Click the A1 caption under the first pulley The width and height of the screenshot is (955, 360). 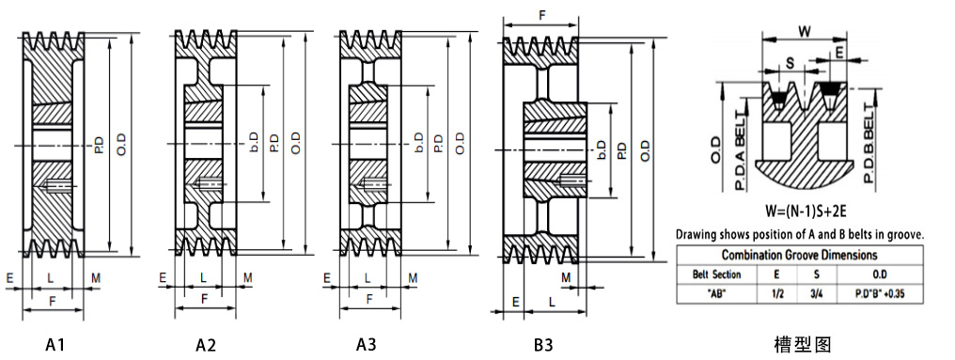[55, 345]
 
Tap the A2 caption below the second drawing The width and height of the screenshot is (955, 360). [206, 345]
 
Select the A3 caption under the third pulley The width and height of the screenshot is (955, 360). [367, 345]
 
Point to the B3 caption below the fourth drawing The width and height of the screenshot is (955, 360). [544, 345]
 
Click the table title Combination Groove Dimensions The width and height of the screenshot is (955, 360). [800, 255]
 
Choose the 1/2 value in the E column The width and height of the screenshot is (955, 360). [777, 293]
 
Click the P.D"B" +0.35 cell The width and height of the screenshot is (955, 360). [879, 293]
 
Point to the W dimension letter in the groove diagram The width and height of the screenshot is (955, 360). [806, 30]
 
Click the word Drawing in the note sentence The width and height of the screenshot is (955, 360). [697, 233]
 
